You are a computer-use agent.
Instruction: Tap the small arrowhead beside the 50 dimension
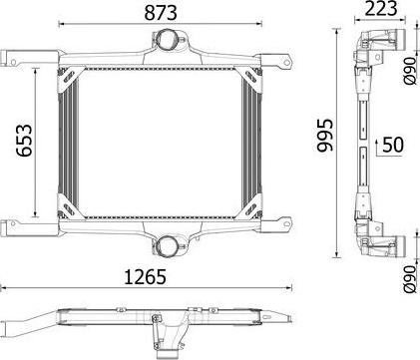pyautogui.click(x=376, y=146)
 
